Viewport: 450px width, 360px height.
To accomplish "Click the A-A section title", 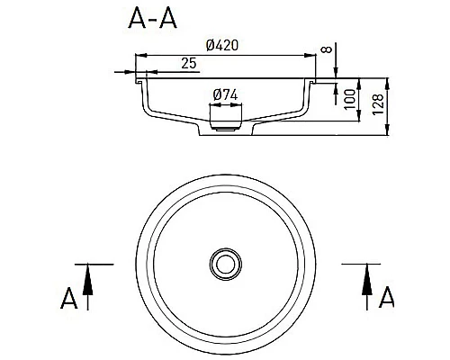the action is [x=152, y=18].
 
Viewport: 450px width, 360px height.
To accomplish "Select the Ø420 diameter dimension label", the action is [x=222, y=45].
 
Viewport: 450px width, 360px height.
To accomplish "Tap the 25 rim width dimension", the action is [x=189, y=63].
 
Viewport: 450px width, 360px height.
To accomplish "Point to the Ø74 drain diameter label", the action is [x=225, y=95].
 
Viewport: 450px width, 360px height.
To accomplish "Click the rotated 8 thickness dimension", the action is [x=327, y=49].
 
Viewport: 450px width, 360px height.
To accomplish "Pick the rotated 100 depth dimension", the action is [x=349, y=99].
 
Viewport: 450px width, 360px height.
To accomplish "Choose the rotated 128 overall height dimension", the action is [x=378, y=104].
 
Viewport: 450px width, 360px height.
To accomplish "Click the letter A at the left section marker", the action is [x=69, y=298].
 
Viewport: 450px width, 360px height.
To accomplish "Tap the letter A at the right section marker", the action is [x=386, y=297].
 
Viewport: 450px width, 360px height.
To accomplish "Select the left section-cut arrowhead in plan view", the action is [x=87, y=280].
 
